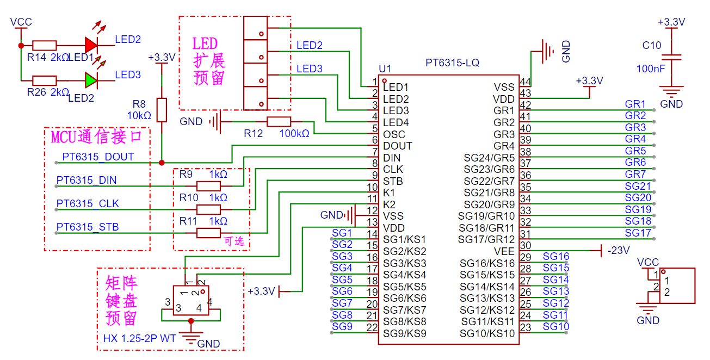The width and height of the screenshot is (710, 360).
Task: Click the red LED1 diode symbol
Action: [x=91, y=45]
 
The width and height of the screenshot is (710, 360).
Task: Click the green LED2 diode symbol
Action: [x=91, y=80]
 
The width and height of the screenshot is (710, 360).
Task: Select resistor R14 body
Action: [x=45, y=46]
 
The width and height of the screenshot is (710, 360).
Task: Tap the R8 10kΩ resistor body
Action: [x=162, y=110]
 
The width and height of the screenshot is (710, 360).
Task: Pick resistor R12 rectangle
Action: [x=279, y=122]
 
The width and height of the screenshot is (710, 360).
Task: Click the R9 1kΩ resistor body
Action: [x=208, y=186]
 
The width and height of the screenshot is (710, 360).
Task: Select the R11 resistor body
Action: [x=208, y=233]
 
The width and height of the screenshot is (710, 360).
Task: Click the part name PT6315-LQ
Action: [x=452, y=63]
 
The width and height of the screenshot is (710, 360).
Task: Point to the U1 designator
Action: [x=385, y=69]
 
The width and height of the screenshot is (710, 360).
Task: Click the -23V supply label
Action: [x=619, y=251]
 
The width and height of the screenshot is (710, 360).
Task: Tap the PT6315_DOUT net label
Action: [x=98, y=157]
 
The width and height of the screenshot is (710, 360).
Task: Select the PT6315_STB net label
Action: [x=88, y=227]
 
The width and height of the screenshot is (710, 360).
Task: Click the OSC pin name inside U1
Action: [x=394, y=134]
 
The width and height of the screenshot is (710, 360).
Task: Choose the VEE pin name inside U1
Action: [x=504, y=251]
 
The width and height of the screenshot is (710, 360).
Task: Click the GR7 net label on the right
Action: [x=635, y=174]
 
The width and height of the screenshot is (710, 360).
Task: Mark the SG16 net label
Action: [x=556, y=256]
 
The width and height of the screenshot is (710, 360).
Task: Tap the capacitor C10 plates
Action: [x=671, y=57]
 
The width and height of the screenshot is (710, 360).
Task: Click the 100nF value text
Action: [x=651, y=69]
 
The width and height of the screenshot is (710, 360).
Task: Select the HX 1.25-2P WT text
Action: [x=139, y=338]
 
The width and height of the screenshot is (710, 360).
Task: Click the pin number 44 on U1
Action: [x=525, y=82]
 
